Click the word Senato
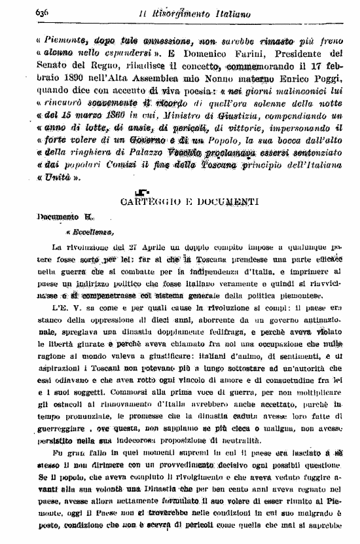click(54, 67)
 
